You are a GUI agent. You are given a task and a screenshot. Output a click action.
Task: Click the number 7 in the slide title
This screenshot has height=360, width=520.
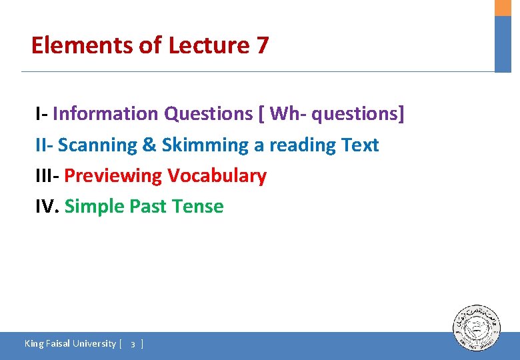tap(262, 45)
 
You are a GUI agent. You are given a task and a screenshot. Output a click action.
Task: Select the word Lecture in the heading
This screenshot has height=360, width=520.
tap(208, 45)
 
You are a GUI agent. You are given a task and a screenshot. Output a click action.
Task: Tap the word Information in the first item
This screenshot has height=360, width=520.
tap(106, 114)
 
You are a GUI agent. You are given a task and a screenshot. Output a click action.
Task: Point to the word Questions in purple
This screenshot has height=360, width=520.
tap(208, 114)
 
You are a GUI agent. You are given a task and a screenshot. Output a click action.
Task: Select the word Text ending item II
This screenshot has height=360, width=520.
tap(360, 145)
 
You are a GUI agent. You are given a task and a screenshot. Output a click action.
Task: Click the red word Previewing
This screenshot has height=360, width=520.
tap(113, 176)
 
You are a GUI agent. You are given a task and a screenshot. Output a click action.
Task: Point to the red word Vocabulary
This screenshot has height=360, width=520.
tap(217, 176)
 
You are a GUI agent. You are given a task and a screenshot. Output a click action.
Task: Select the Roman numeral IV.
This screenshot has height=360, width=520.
tap(47, 207)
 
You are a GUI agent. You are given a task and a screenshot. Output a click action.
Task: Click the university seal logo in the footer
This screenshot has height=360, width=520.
tap(477, 329)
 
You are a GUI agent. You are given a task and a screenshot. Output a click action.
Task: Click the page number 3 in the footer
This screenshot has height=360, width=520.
tap(133, 344)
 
